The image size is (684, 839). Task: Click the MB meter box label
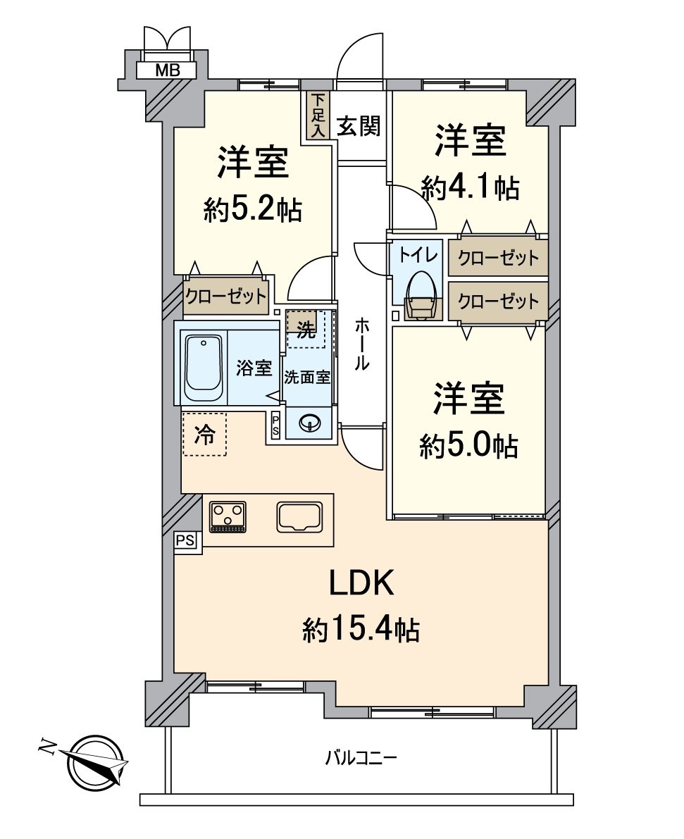[167, 70]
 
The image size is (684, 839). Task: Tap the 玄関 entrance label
[359, 126]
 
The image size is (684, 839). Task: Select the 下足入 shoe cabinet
[318, 116]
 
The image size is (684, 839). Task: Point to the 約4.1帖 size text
[470, 187]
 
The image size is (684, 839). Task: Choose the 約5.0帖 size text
[469, 445]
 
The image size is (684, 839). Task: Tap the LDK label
[361, 583]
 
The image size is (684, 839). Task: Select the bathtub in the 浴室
[204, 368]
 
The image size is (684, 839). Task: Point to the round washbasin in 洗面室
[310, 424]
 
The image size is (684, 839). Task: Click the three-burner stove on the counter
[228, 517]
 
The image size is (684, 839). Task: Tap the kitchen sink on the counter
[299, 517]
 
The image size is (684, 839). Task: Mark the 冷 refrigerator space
[204, 434]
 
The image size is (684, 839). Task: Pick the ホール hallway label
[361, 344]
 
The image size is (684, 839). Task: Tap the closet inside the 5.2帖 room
[225, 296]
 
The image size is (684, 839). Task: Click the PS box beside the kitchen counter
[186, 541]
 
